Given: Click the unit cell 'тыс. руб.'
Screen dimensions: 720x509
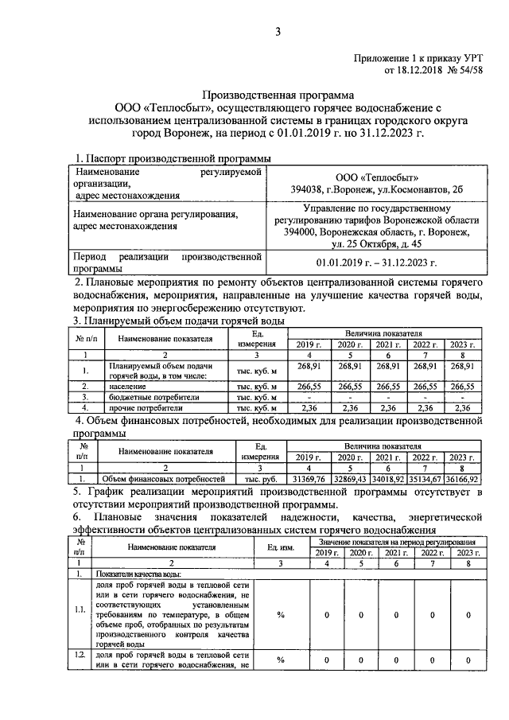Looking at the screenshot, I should (x=259, y=480).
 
